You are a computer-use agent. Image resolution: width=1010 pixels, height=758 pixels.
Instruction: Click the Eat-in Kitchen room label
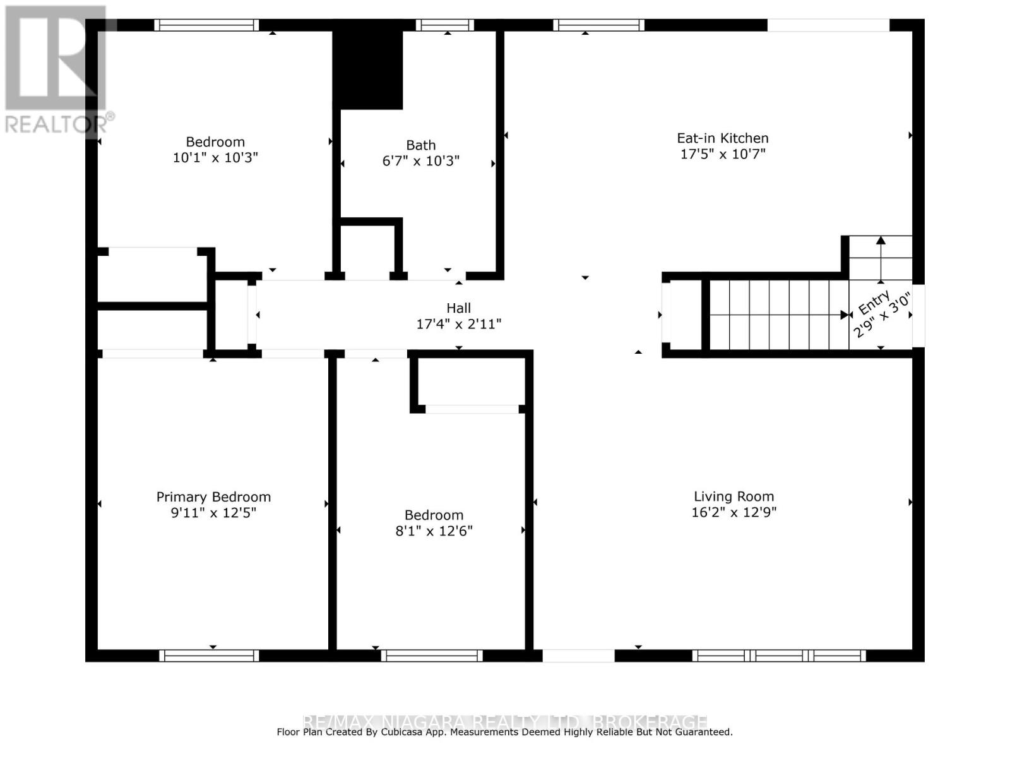pyautogui.click(x=722, y=138)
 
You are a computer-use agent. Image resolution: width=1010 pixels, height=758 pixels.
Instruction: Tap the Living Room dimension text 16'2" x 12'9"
pyautogui.click(x=734, y=512)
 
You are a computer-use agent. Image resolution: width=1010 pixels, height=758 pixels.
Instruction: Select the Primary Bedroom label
pyautogui.click(x=213, y=496)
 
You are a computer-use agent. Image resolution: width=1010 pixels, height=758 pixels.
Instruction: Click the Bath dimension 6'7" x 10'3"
pyautogui.click(x=420, y=161)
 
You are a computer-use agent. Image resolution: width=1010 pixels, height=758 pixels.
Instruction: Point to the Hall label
pyautogui.click(x=458, y=308)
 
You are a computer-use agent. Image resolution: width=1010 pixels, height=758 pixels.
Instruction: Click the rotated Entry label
pyautogui.click(x=874, y=303)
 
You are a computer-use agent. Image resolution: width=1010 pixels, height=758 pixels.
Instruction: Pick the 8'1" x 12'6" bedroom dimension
pyautogui.click(x=434, y=531)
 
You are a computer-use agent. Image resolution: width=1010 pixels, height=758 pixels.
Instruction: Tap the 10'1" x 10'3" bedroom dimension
pyautogui.click(x=215, y=157)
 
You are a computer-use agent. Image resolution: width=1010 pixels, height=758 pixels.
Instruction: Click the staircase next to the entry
pyautogui.click(x=776, y=315)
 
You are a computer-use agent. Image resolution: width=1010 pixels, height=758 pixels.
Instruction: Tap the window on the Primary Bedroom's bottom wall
pyautogui.click(x=209, y=656)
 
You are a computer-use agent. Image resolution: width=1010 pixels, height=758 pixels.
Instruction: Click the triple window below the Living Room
pyautogui.click(x=779, y=656)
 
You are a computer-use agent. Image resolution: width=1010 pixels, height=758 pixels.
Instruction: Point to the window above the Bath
pyautogui.click(x=444, y=25)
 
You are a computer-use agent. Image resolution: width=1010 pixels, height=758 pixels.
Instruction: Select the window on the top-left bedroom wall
pyautogui.click(x=206, y=25)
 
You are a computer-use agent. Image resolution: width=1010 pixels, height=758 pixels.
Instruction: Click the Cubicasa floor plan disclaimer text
pyautogui.click(x=504, y=732)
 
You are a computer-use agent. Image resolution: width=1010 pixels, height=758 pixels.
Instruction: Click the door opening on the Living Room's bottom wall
pyautogui.click(x=578, y=656)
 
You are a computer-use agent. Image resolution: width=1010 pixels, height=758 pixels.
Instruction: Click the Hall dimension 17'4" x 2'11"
pyautogui.click(x=458, y=324)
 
